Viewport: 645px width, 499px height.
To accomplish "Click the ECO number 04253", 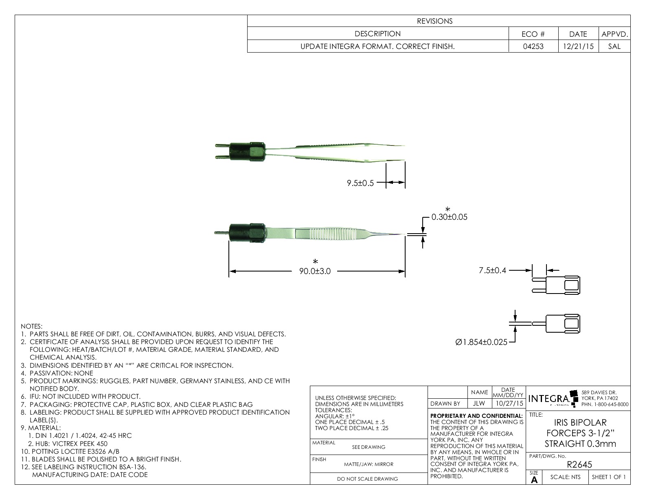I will (x=533, y=46).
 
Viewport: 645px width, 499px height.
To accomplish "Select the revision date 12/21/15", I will (x=578, y=46).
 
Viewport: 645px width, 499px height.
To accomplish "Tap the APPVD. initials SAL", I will (x=614, y=46).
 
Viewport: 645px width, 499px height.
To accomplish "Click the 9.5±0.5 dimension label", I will (x=360, y=183).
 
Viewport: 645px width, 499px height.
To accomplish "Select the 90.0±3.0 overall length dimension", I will (x=315, y=272).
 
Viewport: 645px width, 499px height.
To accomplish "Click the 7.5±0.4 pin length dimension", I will (x=492, y=270).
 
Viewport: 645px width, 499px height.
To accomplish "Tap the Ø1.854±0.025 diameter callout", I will (x=481, y=342).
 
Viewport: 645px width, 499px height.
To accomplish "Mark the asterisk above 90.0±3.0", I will (x=315, y=262).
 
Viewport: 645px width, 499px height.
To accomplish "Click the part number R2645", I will (x=579, y=464).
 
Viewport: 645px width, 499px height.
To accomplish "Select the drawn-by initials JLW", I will (x=479, y=404).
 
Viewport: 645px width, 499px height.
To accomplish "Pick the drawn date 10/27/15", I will (x=508, y=404).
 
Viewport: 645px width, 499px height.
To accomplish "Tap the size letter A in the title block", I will (x=534, y=480).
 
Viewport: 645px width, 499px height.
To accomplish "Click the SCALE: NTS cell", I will (x=565, y=477).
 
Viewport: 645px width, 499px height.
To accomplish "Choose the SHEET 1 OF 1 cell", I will (x=609, y=477).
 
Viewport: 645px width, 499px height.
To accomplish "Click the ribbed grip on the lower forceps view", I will (x=330, y=234).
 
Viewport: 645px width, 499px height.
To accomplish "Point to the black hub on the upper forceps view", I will (x=248, y=151).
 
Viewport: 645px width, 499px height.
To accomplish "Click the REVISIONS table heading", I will (x=434, y=21).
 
